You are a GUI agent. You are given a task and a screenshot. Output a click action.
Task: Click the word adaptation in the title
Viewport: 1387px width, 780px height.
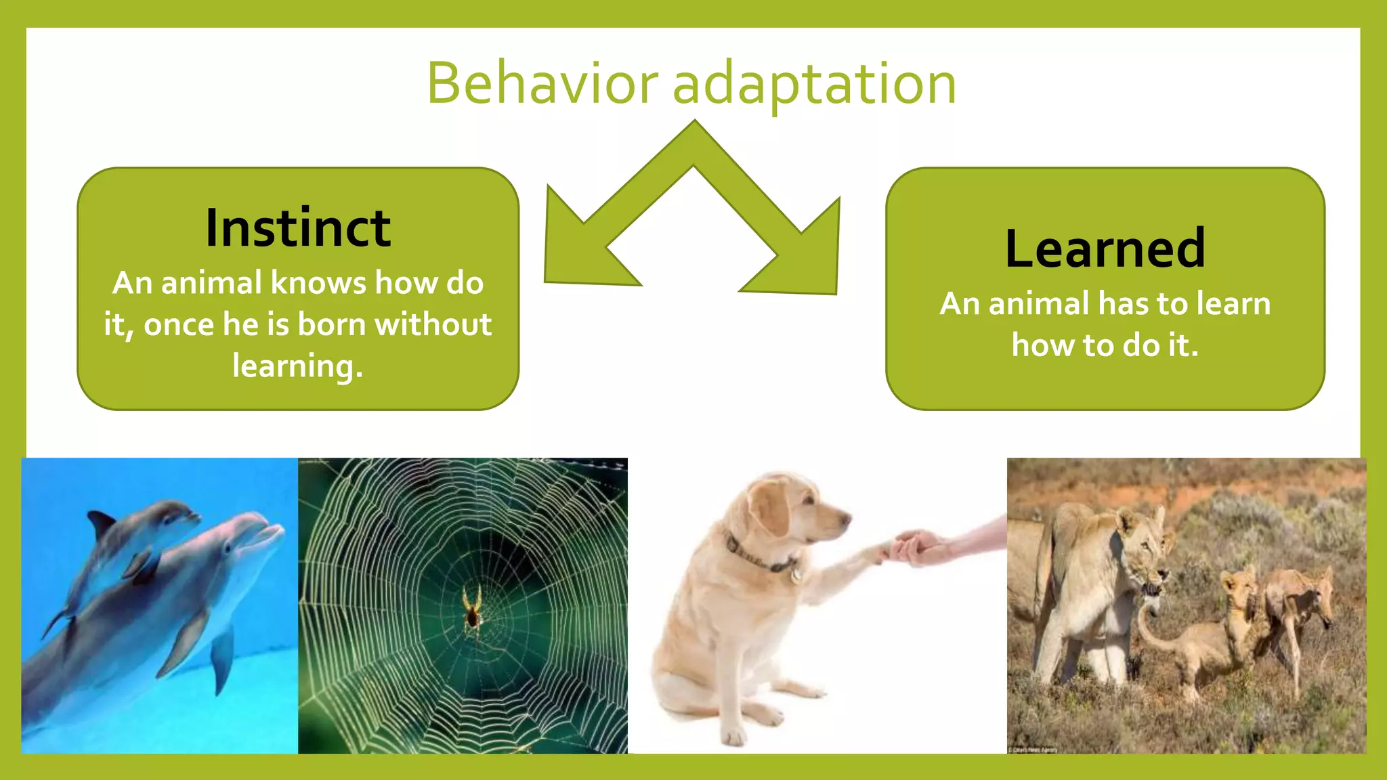[x=814, y=84]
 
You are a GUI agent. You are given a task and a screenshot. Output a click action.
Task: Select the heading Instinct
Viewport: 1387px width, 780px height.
[x=298, y=228]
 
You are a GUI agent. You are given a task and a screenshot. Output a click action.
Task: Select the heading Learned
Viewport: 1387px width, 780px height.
[x=1105, y=248]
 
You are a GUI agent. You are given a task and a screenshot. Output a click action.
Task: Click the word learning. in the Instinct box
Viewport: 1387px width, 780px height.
[x=298, y=366]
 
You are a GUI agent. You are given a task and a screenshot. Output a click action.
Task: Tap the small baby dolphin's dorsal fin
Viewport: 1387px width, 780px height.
[x=102, y=523]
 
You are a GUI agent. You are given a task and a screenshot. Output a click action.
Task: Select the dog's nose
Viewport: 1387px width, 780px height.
[x=846, y=519]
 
